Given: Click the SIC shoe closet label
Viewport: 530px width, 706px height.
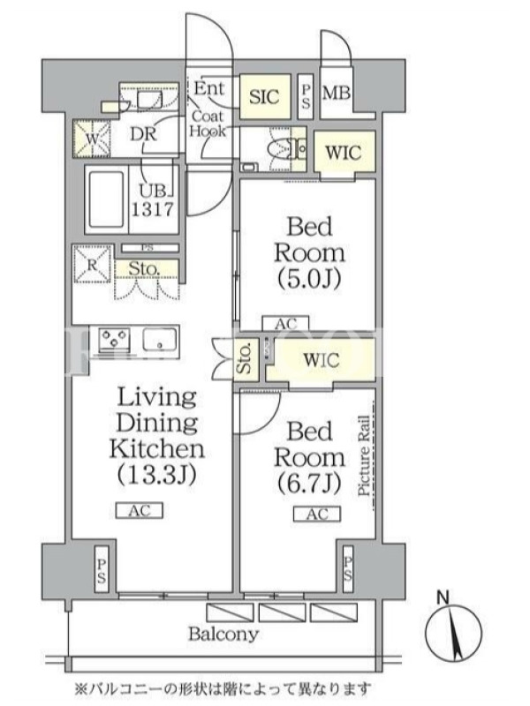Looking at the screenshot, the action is coord(264,96).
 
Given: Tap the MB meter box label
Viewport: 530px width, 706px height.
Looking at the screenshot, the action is coord(337,93).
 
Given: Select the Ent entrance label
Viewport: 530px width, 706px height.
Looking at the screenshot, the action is coord(209,87).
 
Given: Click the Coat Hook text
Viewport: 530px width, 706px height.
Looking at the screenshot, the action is coord(208,124).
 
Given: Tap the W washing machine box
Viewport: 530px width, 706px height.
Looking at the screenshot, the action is coord(93,139).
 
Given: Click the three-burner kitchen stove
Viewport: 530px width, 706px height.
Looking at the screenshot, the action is coord(115,340).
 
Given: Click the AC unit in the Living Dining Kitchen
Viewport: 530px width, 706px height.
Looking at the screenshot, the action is coord(140,511).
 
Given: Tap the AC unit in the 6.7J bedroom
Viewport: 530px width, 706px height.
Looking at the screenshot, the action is coord(317,514).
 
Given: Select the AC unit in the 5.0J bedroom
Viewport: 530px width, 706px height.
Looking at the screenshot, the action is coord(285,323).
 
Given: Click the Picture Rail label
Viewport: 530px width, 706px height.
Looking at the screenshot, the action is coord(364,455).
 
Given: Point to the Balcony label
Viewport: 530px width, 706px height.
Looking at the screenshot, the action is coord(223,635).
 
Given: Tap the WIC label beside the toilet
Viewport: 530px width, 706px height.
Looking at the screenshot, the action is coord(343,153).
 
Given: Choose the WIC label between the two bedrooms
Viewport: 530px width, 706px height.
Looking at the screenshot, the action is coord(321,360).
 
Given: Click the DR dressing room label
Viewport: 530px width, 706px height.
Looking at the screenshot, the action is coord(143,134).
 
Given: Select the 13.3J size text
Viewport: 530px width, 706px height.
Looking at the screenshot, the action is coord(157,475).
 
